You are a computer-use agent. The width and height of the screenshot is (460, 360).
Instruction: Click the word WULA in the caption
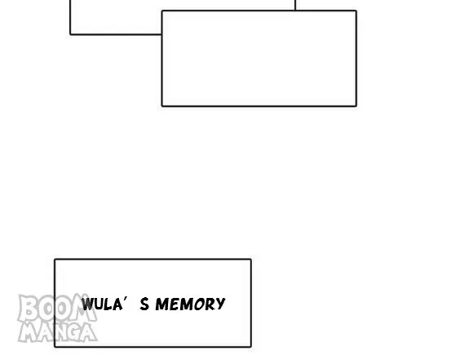102,304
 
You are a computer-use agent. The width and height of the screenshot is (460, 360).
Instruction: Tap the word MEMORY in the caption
190,304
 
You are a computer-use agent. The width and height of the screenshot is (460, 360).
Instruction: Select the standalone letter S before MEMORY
144,304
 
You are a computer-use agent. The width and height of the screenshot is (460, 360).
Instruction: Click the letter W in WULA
87,304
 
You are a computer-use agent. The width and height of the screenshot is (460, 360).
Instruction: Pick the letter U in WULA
98,304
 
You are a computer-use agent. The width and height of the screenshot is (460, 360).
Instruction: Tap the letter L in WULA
108,304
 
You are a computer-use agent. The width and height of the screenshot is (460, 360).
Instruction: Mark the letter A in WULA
117,304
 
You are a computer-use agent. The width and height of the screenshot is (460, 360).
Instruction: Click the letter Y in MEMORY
220,304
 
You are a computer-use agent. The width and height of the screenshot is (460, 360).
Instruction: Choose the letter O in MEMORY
200,304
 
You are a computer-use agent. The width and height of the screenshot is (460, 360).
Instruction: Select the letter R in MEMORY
210,304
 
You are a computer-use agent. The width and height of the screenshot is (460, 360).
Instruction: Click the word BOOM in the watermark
57,308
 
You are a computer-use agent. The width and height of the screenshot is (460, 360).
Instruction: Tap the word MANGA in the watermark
58,331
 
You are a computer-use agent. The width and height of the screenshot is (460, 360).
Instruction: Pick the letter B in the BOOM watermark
28,309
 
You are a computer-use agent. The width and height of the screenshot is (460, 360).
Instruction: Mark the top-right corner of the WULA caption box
251,260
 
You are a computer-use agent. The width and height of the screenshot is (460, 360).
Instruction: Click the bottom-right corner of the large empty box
356,105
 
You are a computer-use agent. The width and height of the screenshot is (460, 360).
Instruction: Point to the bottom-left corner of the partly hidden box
70,34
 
